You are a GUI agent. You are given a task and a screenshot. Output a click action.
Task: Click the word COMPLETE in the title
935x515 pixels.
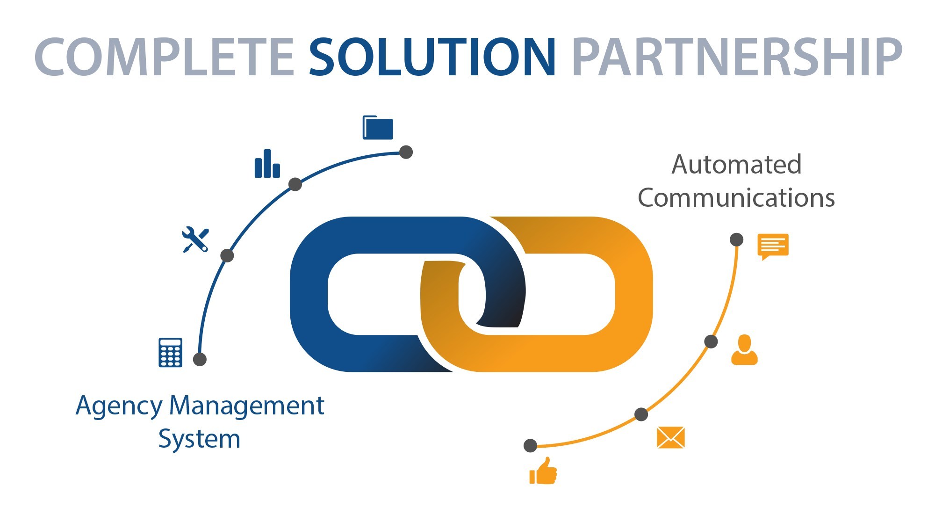pyautogui.click(x=164, y=57)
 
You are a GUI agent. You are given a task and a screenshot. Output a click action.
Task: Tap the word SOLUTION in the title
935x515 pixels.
pyautogui.click(x=432, y=57)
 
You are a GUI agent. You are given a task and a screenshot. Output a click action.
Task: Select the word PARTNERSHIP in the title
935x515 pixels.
pyautogui.click(x=737, y=57)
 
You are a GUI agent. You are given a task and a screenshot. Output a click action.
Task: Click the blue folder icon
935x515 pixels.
pyautogui.click(x=378, y=128)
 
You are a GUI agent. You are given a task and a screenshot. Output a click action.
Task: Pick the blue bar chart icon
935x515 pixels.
pyautogui.click(x=267, y=164)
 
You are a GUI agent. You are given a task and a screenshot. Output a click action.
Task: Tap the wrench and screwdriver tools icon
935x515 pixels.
pyautogui.click(x=195, y=240)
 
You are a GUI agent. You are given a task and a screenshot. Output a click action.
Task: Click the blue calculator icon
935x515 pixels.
pyautogui.click(x=170, y=352)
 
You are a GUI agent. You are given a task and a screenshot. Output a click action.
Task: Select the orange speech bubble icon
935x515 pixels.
pyautogui.click(x=773, y=246)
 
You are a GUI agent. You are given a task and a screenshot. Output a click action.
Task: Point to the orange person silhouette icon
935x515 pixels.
pyautogui.click(x=744, y=350)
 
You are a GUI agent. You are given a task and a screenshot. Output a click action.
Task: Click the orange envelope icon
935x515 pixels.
pyautogui.click(x=670, y=437)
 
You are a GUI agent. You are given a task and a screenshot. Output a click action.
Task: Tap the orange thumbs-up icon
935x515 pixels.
pyautogui.click(x=543, y=471)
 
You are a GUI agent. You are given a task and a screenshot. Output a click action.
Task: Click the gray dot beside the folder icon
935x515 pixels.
pyautogui.click(x=406, y=152)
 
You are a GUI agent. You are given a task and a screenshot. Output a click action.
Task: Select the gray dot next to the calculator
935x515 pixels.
pyautogui.click(x=200, y=359)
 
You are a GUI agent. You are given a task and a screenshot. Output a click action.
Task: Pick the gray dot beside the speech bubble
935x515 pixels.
pyautogui.click(x=736, y=239)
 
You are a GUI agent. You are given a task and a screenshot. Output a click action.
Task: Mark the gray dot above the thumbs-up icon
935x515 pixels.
pyautogui.click(x=530, y=445)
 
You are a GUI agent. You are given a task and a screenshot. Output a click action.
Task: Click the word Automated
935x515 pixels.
pyautogui.click(x=736, y=165)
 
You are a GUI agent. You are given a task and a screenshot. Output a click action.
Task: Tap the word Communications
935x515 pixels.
pyautogui.click(x=736, y=198)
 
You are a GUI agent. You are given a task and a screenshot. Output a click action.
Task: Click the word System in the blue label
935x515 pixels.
pyautogui.click(x=199, y=439)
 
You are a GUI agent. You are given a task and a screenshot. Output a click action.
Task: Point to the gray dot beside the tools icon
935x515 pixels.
pyautogui.click(x=227, y=255)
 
